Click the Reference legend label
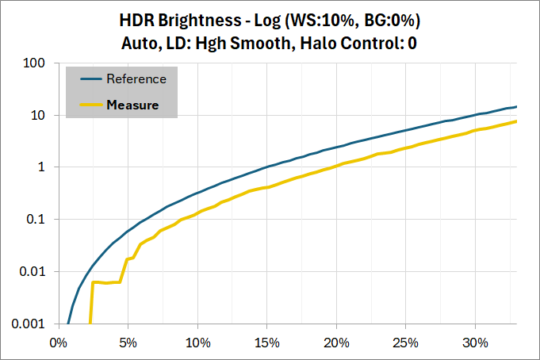click(x=136, y=79)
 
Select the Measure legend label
click(x=132, y=105)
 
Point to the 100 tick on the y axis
click(x=34, y=63)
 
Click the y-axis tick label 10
click(x=37, y=115)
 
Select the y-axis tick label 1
click(x=40, y=167)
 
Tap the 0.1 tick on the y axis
click(x=36, y=220)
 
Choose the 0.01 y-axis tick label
click(x=33, y=272)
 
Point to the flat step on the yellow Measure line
click(x=106, y=282)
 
